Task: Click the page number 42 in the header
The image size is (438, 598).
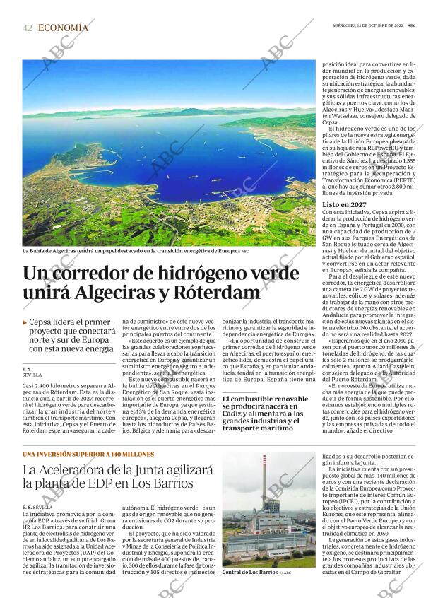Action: point(28,28)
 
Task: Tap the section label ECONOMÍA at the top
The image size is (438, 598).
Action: point(63,28)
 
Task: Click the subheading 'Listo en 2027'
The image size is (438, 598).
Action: point(345,204)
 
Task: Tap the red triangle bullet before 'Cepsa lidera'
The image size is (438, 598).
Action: point(25,322)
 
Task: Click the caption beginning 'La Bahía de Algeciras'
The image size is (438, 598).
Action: point(129,251)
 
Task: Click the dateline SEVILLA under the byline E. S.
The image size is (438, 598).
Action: point(32,375)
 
